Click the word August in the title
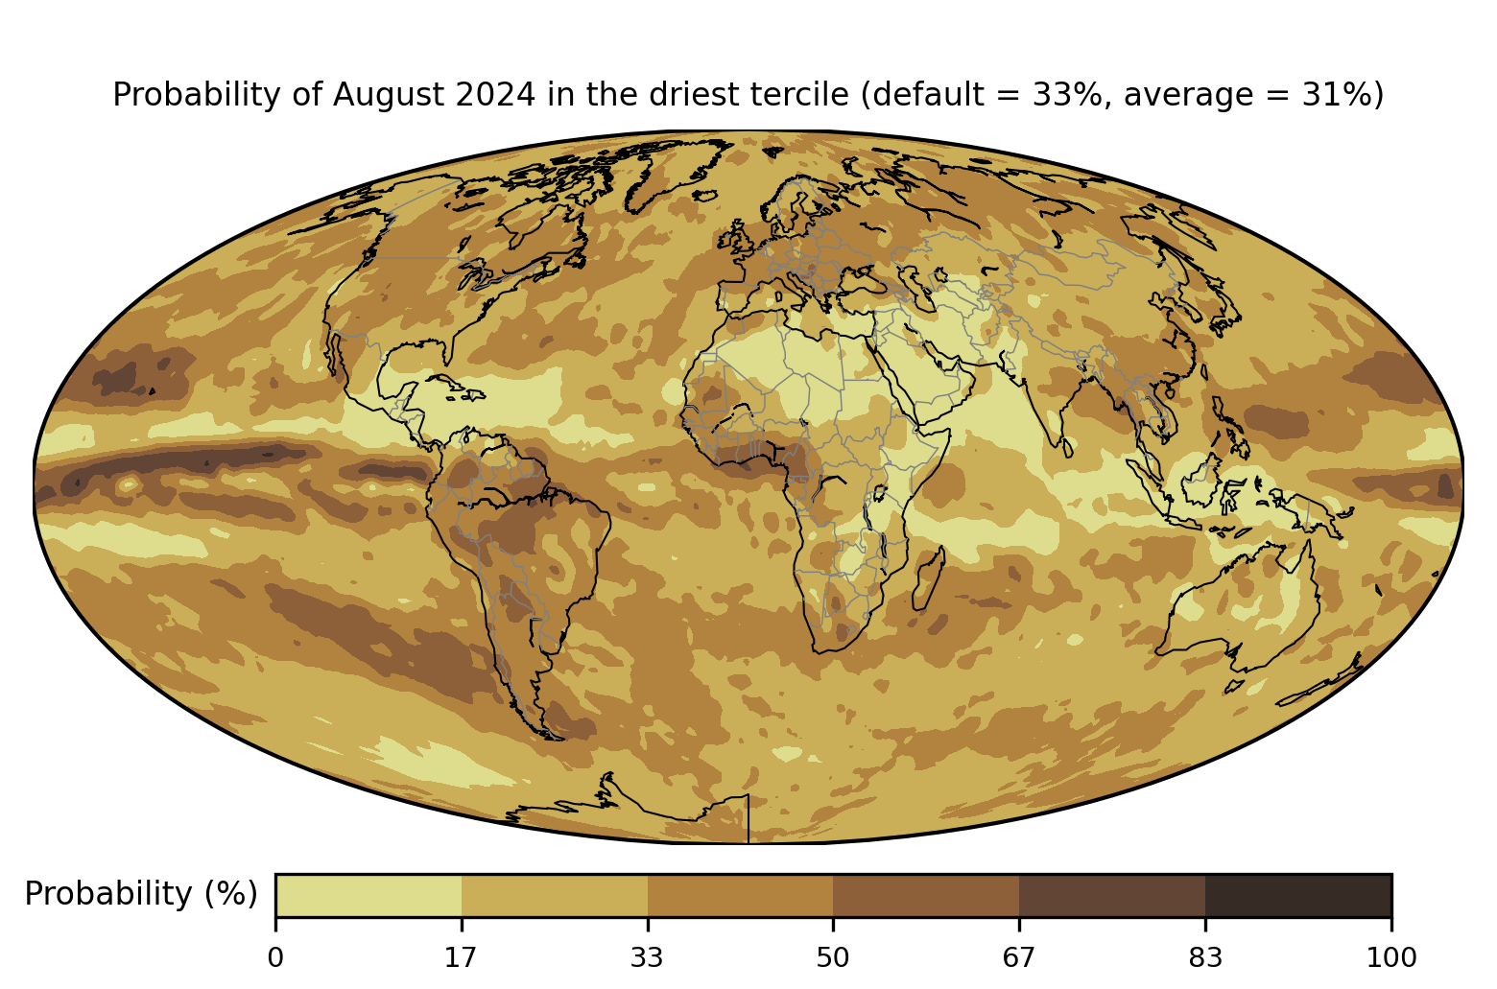click(x=389, y=96)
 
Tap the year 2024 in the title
click(x=495, y=94)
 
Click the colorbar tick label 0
click(x=275, y=958)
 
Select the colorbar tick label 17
click(x=462, y=958)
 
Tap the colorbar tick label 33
click(x=647, y=958)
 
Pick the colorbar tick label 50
click(x=833, y=958)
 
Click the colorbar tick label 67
click(x=1018, y=958)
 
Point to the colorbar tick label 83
click(x=1205, y=958)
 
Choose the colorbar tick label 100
click(x=1391, y=958)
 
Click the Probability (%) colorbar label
click(x=141, y=894)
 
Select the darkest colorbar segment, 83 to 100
click(x=1298, y=895)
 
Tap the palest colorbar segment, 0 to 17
click(x=368, y=895)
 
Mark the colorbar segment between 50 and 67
click(x=926, y=895)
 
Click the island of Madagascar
click(x=929, y=579)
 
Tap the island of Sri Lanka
click(x=1067, y=448)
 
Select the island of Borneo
click(x=1201, y=480)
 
